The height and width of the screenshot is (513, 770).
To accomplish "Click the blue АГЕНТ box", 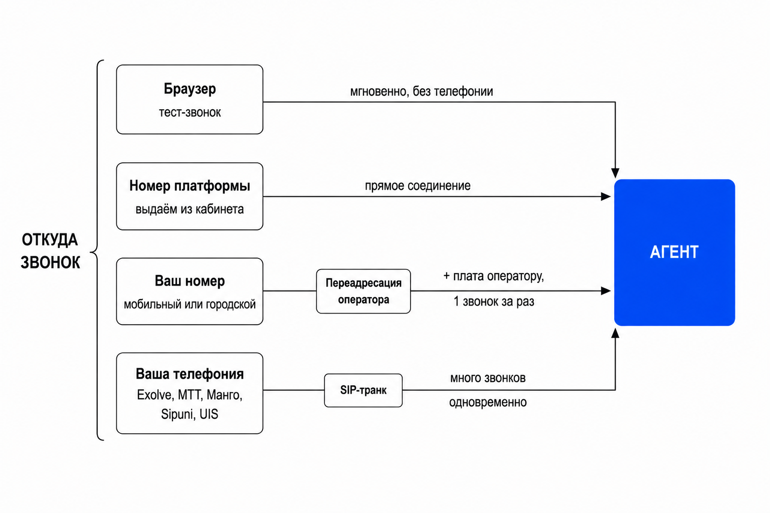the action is point(674,252).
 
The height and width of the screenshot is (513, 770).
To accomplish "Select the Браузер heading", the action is point(190,89).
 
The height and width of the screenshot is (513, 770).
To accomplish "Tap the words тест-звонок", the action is point(190,112).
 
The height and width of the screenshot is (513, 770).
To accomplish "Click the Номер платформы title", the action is point(190,186).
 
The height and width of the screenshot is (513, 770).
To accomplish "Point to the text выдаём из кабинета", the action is point(190,209).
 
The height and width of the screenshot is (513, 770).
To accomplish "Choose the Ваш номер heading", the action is point(190,281).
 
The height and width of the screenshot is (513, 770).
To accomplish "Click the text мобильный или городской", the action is point(190,305).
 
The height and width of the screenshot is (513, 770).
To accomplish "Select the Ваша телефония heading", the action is point(190,374).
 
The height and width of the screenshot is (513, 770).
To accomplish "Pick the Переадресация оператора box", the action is point(363,292).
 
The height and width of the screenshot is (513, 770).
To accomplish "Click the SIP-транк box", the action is point(363,390).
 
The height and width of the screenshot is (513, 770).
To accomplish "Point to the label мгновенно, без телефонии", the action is point(422,91).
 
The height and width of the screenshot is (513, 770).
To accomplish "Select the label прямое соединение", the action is point(418,186).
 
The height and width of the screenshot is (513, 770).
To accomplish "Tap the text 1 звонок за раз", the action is point(494,302).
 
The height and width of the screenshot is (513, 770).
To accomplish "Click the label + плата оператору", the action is point(494,276).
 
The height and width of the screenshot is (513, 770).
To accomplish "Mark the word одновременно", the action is point(488,402).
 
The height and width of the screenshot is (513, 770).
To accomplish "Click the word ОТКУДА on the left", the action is point(50,240).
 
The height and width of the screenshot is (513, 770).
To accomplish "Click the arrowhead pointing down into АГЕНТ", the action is point(615,173).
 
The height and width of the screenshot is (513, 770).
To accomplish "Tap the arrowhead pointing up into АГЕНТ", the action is point(615,333).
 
